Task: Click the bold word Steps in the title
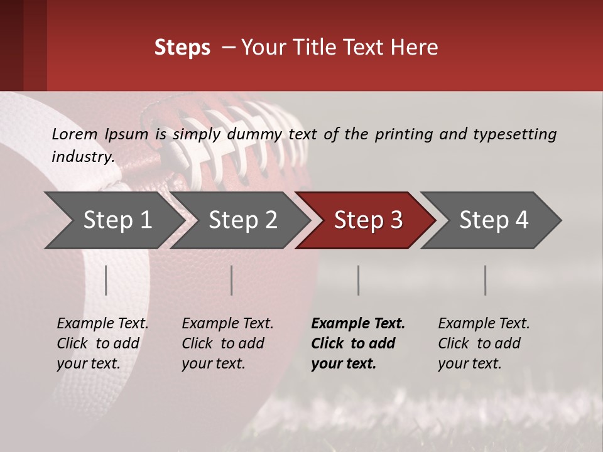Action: tap(182, 48)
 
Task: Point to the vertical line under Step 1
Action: tap(106, 280)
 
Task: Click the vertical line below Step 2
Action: tap(232, 280)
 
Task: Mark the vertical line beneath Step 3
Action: tap(359, 280)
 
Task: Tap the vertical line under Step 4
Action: tap(486, 280)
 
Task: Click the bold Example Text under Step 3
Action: tap(358, 324)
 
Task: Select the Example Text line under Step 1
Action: tap(102, 324)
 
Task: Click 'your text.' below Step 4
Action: tap(469, 363)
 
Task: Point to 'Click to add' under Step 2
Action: tap(223, 343)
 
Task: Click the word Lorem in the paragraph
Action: tap(74, 134)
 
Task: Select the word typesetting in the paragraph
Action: tap(514, 134)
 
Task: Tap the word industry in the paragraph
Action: tap(82, 156)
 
